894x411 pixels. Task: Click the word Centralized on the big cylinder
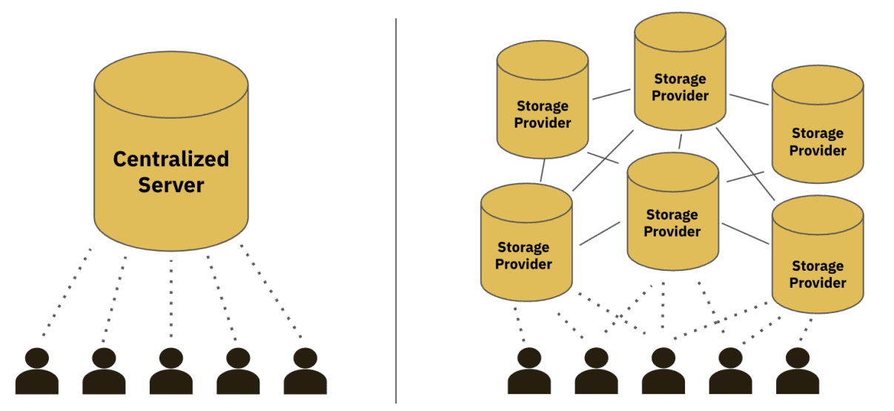(170, 159)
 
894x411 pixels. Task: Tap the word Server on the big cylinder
(170, 184)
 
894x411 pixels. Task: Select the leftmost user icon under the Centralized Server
(37, 371)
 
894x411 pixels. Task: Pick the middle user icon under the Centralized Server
(171, 371)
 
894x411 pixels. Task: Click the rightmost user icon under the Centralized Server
(305, 371)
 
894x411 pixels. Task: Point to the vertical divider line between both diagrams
(396, 208)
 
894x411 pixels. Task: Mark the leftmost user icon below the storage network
(529, 371)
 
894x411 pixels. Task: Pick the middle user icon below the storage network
(663, 371)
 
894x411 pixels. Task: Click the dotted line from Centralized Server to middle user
(171, 297)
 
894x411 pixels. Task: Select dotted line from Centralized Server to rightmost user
(274, 297)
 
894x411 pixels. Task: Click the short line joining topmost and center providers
(680, 141)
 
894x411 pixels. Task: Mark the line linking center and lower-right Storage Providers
(745, 233)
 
